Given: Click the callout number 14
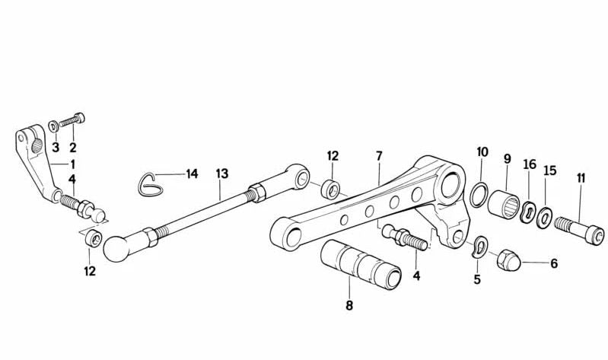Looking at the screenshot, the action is pyautogui.click(x=192, y=174).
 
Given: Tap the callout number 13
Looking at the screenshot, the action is pyautogui.click(x=222, y=174).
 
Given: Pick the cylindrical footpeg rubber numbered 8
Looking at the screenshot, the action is pyautogui.click(x=361, y=264).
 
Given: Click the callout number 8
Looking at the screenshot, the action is pyautogui.click(x=349, y=305).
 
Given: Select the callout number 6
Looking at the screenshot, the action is pyautogui.click(x=554, y=264).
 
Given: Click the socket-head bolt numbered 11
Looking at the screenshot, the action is pyautogui.click(x=579, y=231).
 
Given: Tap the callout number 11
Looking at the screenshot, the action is pyautogui.click(x=581, y=178).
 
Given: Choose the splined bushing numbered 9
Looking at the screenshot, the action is pyautogui.click(x=503, y=205).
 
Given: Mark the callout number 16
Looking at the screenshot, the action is pyautogui.click(x=530, y=164).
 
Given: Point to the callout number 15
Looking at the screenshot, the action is pyautogui.click(x=550, y=170).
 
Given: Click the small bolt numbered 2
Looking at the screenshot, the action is pyautogui.click(x=72, y=120).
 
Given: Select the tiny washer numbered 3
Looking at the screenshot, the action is pyautogui.click(x=53, y=126).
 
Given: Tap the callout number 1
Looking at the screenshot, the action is pyautogui.click(x=72, y=164).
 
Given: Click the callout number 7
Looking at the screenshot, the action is pyautogui.click(x=379, y=155).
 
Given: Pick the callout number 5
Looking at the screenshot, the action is pyautogui.click(x=477, y=279).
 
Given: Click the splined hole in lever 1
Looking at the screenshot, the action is pyautogui.click(x=37, y=146).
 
